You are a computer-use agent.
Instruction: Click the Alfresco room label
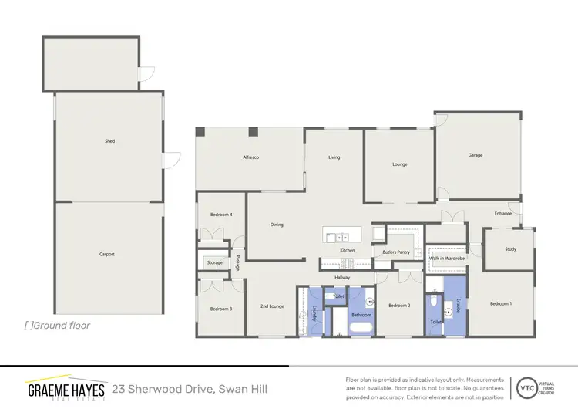point(251,157)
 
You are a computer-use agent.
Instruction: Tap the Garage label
point(476,155)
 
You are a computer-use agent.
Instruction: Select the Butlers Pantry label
point(395,252)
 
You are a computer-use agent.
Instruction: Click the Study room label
point(510,248)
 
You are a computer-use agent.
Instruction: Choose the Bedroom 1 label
point(500,303)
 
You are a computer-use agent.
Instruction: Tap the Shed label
point(109,141)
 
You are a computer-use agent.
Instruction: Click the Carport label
point(107,254)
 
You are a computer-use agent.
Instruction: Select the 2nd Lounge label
point(271,306)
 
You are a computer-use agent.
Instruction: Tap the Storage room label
point(214,262)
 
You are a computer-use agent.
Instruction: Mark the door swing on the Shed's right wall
point(171,160)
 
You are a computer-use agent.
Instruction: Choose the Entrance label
point(502,214)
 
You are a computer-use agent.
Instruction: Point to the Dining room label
point(277,225)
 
